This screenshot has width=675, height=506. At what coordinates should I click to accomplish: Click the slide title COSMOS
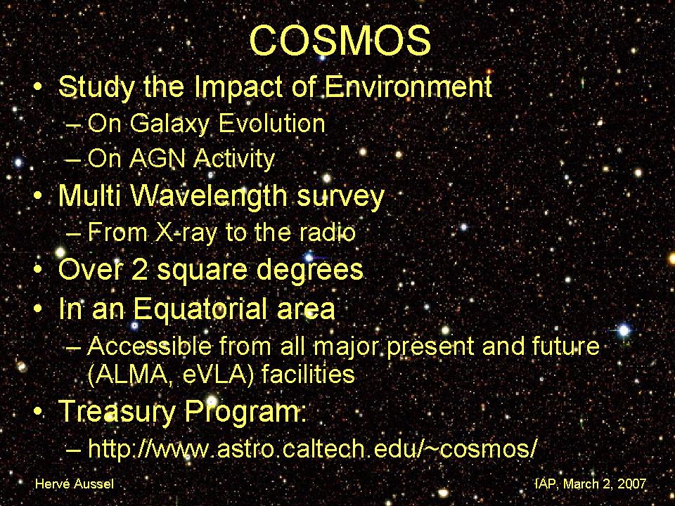(340, 40)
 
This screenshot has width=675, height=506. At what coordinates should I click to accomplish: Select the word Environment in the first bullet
(408, 86)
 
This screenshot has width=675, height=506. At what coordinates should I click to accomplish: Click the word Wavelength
(210, 197)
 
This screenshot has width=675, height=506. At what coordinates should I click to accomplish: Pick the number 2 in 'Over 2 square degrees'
(141, 269)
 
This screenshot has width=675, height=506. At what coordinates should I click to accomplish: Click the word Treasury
(117, 412)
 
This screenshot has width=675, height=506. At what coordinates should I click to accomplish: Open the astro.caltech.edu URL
(312, 448)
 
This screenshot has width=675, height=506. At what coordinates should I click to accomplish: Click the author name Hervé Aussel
(75, 484)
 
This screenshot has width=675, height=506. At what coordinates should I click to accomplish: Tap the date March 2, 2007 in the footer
(605, 484)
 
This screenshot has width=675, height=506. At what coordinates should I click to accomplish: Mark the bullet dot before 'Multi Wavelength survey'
(38, 197)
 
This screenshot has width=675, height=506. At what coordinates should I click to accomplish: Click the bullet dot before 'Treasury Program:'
(38, 412)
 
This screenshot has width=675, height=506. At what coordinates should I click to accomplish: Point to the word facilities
(308, 373)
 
